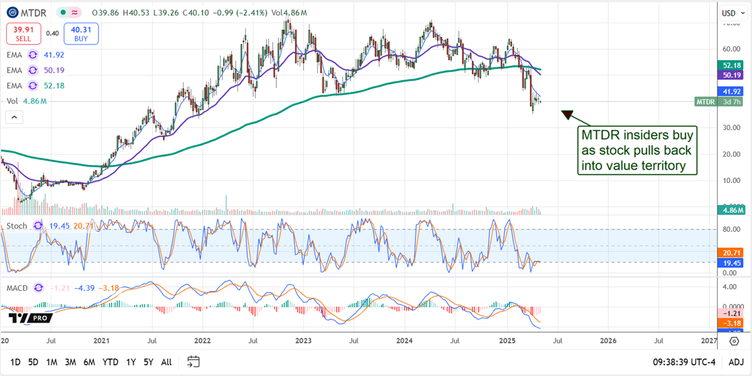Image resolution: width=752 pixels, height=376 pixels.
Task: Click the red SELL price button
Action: point(24,33)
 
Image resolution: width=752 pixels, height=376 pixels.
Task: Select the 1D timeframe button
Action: point(16,362)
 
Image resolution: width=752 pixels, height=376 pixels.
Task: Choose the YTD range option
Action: point(111,362)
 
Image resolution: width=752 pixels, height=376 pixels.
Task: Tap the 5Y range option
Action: point(148,362)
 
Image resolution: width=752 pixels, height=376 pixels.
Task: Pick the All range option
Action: point(167,362)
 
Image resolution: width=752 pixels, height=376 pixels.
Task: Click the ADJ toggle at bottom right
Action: point(736,362)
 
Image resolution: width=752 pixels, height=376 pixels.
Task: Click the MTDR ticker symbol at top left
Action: point(39,13)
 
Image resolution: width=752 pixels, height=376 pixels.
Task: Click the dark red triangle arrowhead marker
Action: point(567,115)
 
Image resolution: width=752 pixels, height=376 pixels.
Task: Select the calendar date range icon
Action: point(193,362)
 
